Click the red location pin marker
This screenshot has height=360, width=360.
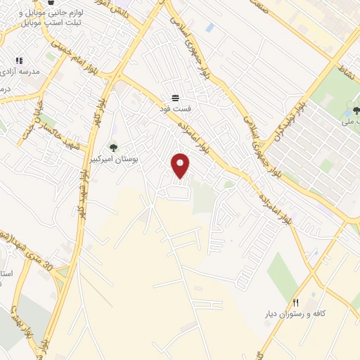(181, 165)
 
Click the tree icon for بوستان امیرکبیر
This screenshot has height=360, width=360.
(113, 147)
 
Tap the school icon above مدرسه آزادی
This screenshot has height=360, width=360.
(19, 61)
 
